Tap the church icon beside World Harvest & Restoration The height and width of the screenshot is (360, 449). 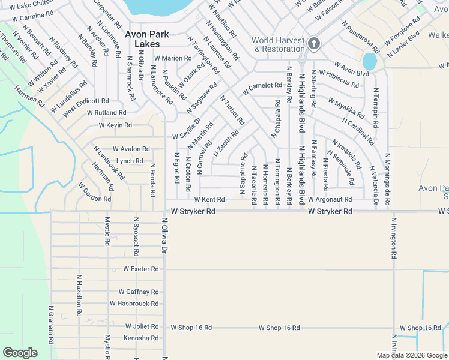pyautogui.click(x=313, y=44)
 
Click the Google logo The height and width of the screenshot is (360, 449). pyautogui.click(x=20, y=353)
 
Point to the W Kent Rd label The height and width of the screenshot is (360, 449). pyautogui.click(x=209, y=199)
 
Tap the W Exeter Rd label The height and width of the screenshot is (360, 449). pyautogui.click(x=141, y=269)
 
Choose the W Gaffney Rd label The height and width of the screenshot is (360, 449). pyautogui.click(x=139, y=292)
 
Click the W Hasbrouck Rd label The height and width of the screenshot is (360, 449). pyautogui.click(x=134, y=304)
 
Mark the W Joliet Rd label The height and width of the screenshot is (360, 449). pyautogui.click(x=142, y=327)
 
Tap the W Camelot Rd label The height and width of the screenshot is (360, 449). pyautogui.click(x=262, y=88)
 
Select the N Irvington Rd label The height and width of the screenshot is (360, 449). pyautogui.click(x=394, y=238)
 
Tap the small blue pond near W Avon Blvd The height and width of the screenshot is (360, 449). pyautogui.click(x=370, y=62)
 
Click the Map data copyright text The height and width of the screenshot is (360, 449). pyautogui.click(x=411, y=355)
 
